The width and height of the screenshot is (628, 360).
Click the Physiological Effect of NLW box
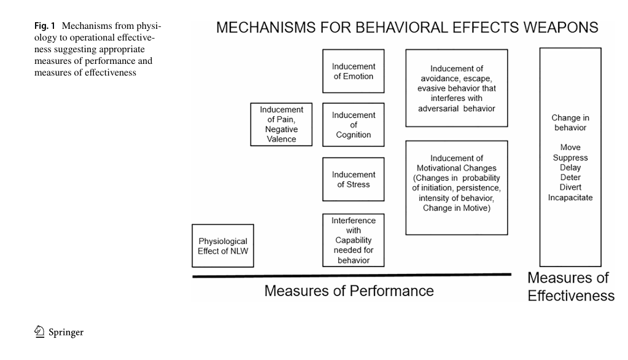(223, 246)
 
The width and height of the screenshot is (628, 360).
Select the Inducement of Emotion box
(353, 71)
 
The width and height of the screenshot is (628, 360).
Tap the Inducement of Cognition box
(353, 125)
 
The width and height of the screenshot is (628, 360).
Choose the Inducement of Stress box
(353, 179)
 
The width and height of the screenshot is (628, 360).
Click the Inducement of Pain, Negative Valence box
(281, 124)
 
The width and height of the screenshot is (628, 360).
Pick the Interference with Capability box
(353, 240)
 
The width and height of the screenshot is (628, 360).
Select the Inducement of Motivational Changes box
(457, 187)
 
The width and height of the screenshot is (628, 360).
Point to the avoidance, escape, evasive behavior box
(457, 88)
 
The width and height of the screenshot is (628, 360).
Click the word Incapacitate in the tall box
(570, 198)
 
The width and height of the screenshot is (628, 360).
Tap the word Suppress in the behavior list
(570, 157)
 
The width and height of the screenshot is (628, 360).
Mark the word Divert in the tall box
(570, 187)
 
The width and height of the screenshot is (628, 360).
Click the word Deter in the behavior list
(570, 177)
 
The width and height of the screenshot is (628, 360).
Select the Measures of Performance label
(349, 291)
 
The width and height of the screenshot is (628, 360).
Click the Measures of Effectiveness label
(571, 287)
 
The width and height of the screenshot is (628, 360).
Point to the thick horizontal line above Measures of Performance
(352, 275)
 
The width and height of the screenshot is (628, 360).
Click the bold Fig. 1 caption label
(44, 26)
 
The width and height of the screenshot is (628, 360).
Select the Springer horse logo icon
(39, 332)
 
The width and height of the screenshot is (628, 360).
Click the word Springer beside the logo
(66, 332)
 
